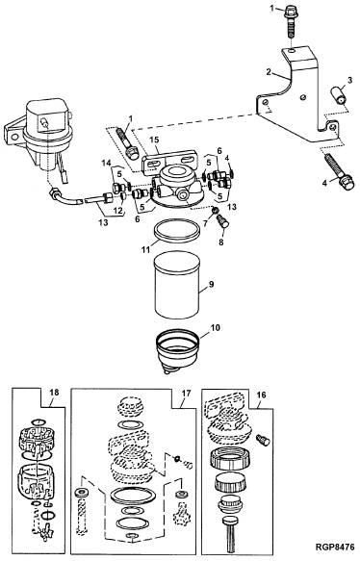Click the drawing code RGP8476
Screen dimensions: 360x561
[335, 548]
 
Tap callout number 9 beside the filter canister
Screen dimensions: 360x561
[211, 285]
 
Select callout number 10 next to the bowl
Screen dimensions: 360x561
[217, 328]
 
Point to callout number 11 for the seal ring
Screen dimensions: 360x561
[145, 249]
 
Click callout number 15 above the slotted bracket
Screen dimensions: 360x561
[154, 140]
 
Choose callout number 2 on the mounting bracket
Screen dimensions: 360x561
[269, 71]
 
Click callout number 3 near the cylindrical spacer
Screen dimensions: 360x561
[349, 80]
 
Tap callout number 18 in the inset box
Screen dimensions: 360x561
[54, 393]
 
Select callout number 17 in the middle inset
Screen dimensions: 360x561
[186, 394]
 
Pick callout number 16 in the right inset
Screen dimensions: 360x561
[262, 395]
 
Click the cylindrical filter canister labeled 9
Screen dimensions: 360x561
[177, 285]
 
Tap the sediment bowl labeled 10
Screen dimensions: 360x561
[177, 351]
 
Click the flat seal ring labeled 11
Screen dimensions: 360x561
[177, 231]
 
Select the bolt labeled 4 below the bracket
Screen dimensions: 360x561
[339, 171]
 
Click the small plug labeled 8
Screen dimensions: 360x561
[222, 220]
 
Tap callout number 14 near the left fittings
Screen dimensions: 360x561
[106, 164]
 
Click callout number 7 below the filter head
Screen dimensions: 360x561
[205, 223]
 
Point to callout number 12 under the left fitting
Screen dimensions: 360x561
[118, 211]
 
